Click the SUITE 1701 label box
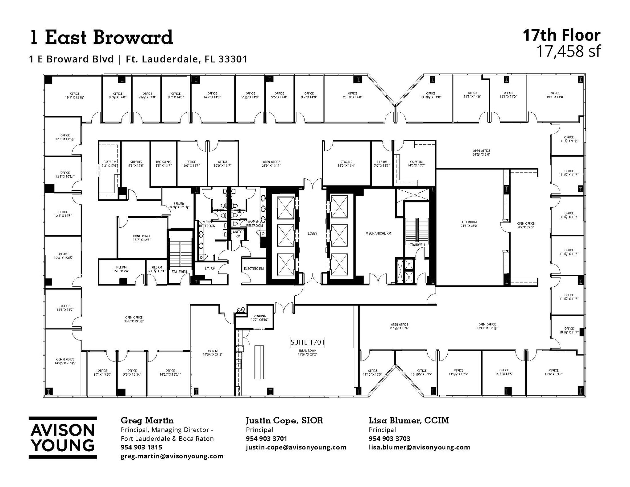click(x=308, y=342)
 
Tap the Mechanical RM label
click(x=378, y=234)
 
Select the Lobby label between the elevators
click(x=312, y=234)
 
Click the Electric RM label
click(x=253, y=269)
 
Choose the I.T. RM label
click(x=210, y=269)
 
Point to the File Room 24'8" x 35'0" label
click(x=469, y=224)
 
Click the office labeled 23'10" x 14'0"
click(x=353, y=95)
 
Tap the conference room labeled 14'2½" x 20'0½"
click(x=65, y=361)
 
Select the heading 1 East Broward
click(x=101, y=37)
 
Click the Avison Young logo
click(x=63, y=437)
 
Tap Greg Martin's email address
click(x=172, y=456)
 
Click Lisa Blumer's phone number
click(x=389, y=438)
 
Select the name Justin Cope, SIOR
click(x=284, y=420)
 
